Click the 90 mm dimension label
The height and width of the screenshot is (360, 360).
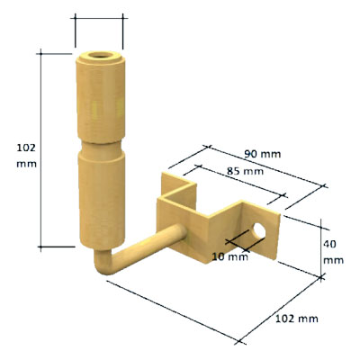click(x=263, y=154)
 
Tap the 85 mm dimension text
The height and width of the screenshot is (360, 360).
click(x=245, y=171)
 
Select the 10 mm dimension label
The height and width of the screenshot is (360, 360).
click(x=230, y=256)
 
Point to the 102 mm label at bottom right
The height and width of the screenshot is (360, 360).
click(x=297, y=319)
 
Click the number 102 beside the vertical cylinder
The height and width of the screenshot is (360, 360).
click(x=26, y=148)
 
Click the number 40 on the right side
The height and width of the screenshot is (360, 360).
click(x=329, y=244)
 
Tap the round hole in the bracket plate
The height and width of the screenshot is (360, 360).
click(x=259, y=231)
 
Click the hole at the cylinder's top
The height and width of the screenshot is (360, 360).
click(x=100, y=56)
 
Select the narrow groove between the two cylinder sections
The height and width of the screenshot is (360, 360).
click(x=102, y=148)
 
